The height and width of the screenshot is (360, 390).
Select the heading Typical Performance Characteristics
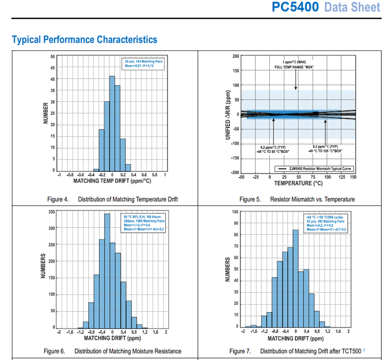[84, 40]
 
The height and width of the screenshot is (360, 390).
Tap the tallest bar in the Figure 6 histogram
[107, 271]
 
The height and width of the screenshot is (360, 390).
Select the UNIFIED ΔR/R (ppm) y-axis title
[228, 114]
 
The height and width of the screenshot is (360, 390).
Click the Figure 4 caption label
[58, 200]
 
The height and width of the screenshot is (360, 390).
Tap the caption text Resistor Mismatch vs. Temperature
[313, 200]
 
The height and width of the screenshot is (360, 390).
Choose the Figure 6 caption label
[55, 351]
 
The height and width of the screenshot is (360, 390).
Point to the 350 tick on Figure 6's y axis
[51, 211]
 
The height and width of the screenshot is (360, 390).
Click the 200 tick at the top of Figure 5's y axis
[236, 56]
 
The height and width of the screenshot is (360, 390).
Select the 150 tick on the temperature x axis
[353, 177]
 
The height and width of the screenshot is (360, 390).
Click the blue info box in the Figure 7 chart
[326, 223]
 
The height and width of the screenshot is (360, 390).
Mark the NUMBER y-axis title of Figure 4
[45, 113]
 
